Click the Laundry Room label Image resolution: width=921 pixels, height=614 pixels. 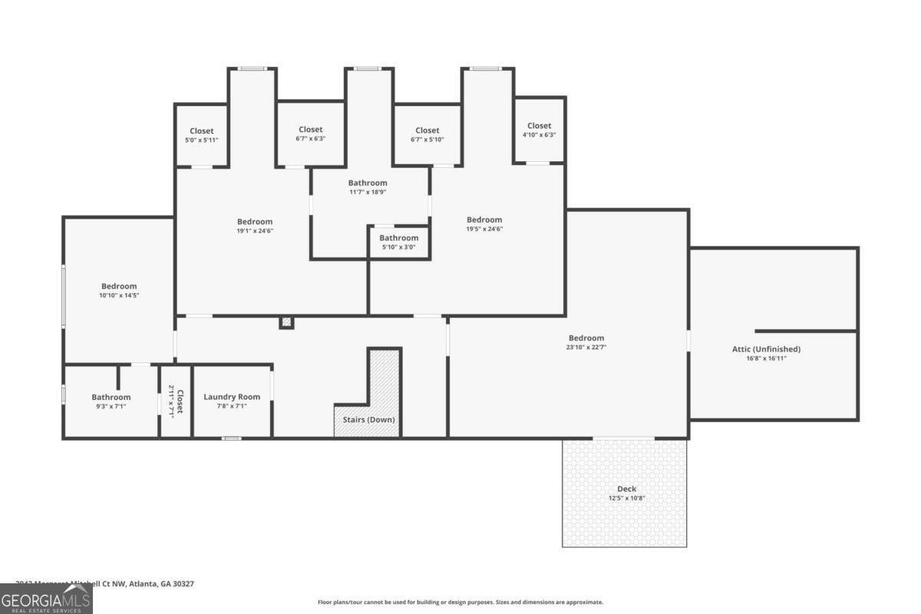[x=232, y=397]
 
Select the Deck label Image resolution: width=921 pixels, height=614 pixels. [x=626, y=489]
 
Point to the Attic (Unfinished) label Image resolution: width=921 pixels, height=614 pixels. [x=766, y=349]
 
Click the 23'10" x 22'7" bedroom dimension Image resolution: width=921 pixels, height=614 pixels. [x=586, y=348]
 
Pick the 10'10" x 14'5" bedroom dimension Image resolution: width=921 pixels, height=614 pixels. [x=118, y=295]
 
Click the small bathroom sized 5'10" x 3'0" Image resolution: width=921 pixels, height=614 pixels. [x=398, y=243]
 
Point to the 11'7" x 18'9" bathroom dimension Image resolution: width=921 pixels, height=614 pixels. [x=368, y=193]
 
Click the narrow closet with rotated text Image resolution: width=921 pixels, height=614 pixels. [x=176, y=401]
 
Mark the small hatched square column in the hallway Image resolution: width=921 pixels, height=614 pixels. [x=286, y=322]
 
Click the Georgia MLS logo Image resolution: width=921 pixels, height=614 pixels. [x=46, y=599]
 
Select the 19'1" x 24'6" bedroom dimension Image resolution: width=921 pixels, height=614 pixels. [x=254, y=231]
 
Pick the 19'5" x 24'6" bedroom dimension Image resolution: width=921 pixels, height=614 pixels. [x=484, y=229]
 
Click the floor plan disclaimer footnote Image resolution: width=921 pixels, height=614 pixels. [x=460, y=602]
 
